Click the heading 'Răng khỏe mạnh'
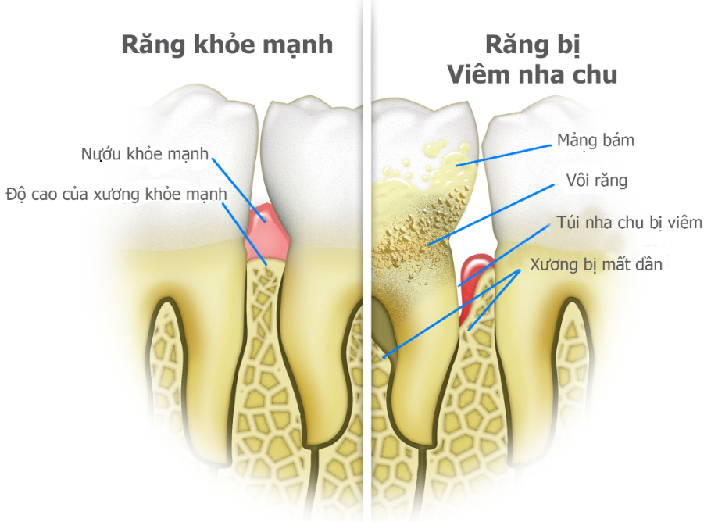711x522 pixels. point(227,45)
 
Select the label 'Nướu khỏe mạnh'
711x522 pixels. point(145,153)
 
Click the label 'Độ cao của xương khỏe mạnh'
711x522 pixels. point(116,193)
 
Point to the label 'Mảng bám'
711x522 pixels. point(595,141)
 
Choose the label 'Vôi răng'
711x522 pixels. point(597,181)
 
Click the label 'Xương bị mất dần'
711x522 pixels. point(596,264)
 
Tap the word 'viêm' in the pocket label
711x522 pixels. point(684,223)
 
